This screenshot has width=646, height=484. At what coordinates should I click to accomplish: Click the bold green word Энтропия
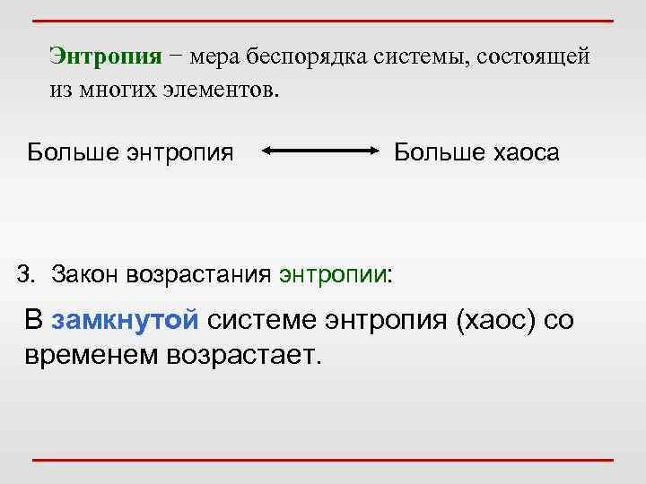point(106,56)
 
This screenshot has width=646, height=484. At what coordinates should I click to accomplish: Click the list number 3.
point(24,272)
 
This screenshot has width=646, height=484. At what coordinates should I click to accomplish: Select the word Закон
point(82,272)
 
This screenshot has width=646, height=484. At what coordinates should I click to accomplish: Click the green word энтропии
point(335,273)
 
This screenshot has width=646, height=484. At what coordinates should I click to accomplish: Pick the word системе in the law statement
point(270,320)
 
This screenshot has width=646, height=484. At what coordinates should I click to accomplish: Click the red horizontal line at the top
point(322,20)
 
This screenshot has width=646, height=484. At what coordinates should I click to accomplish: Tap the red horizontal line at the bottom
point(322,460)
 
